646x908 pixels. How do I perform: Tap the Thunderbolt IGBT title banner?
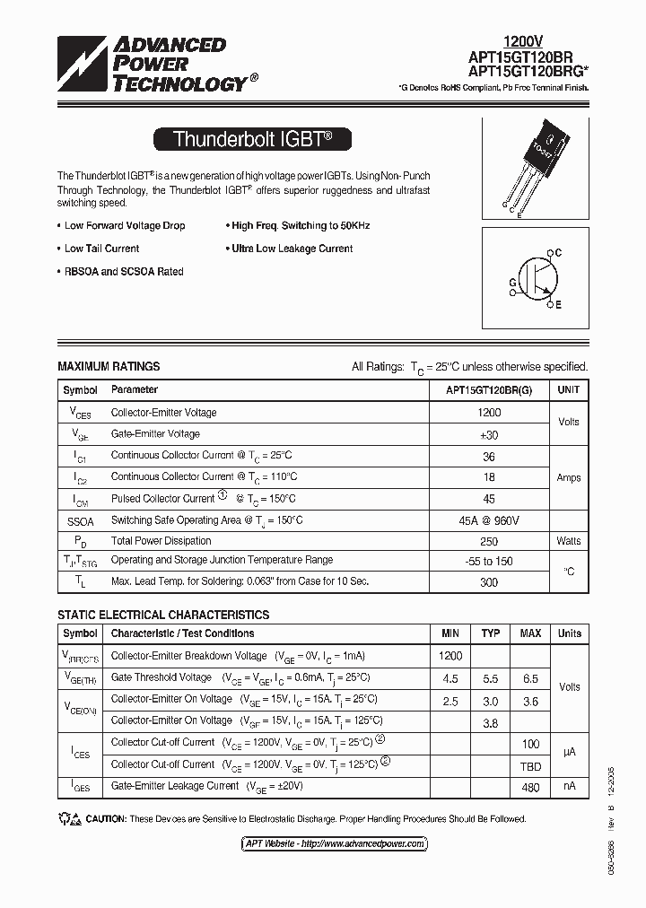point(252,139)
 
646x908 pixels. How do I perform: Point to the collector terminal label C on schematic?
point(557,254)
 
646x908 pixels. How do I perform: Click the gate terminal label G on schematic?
point(513,282)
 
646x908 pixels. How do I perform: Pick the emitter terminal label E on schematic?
point(557,305)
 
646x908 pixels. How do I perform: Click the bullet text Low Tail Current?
point(101,249)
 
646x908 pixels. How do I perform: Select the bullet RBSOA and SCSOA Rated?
point(124,272)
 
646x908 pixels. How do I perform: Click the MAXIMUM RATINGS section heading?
point(109,366)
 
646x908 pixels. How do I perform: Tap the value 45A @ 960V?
point(489,520)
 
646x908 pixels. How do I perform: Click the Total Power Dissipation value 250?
point(489,541)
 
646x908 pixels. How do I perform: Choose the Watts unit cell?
point(569,541)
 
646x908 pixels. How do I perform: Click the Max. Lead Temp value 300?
point(489,581)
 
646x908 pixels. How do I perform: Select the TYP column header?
point(491,633)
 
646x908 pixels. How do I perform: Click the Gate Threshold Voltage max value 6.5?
point(530,679)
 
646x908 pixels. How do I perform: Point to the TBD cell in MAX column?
point(530,764)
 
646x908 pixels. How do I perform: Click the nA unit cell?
point(569,787)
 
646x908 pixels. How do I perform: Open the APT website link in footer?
point(333,843)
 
